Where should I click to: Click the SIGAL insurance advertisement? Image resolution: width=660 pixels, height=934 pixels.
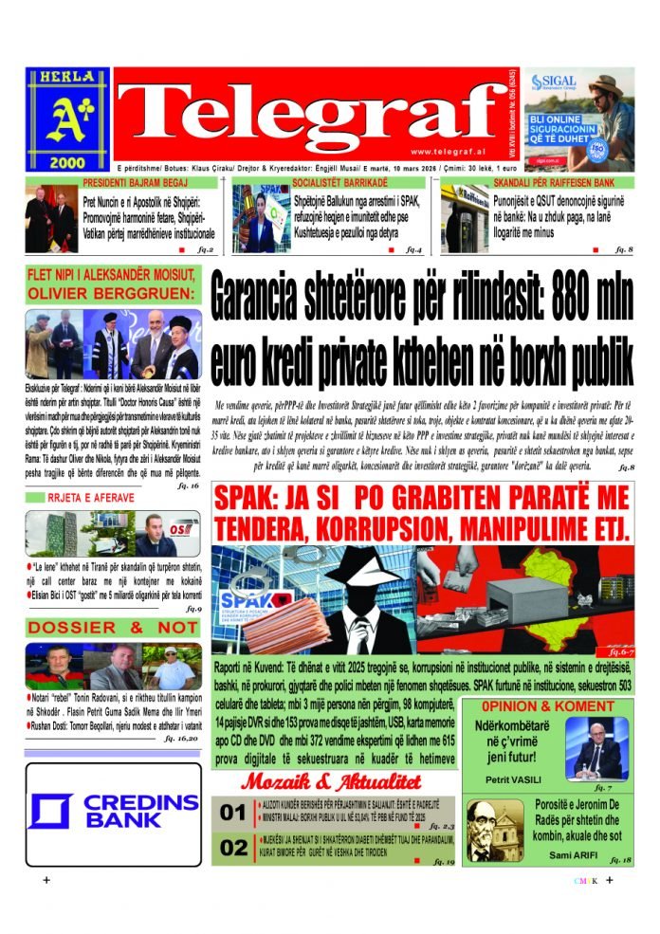[x=578, y=119]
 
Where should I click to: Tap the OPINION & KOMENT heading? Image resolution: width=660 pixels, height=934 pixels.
[x=547, y=706]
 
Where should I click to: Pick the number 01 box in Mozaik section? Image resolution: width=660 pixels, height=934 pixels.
[x=232, y=813]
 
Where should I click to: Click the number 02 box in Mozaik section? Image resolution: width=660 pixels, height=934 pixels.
[x=232, y=848]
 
